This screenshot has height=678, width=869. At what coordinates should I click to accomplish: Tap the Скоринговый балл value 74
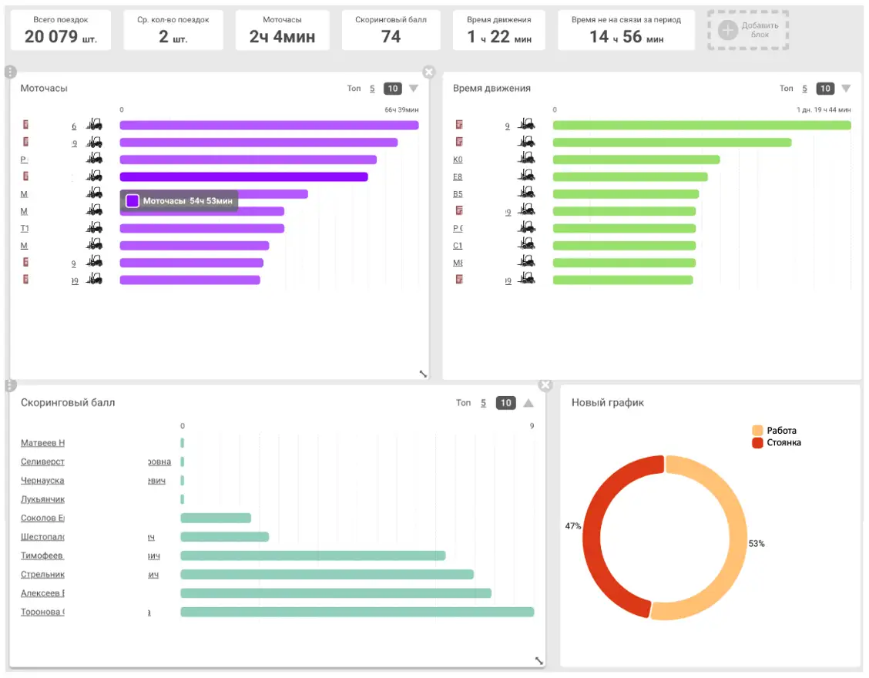coord(391,36)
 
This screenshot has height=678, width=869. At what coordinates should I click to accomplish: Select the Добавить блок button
coord(748,30)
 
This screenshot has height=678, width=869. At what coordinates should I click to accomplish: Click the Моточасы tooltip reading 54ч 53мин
coord(179,201)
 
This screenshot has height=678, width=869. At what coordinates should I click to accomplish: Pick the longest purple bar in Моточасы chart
coord(269,126)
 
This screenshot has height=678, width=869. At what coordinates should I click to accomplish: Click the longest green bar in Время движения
coord(702,126)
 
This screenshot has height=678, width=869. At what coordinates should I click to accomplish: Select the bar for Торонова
coord(357,612)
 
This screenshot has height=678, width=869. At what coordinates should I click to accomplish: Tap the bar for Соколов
coord(216,518)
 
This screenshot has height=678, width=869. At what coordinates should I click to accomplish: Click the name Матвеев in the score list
coord(42,443)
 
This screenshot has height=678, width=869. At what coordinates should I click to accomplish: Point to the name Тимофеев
coord(42,555)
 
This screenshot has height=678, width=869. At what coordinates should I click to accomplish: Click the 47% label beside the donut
coord(572,525)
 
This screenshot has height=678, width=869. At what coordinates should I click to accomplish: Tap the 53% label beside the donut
coord(757,543)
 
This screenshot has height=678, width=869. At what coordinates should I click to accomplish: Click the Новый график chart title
coord(607,402)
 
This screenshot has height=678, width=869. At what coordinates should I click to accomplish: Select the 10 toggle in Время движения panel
coord(825,89)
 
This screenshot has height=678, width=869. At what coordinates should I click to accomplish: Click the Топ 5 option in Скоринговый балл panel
coord(483,403)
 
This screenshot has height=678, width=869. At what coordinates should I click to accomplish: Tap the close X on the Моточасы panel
coord(429,72)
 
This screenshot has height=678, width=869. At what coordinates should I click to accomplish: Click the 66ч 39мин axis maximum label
coord(401,110)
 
